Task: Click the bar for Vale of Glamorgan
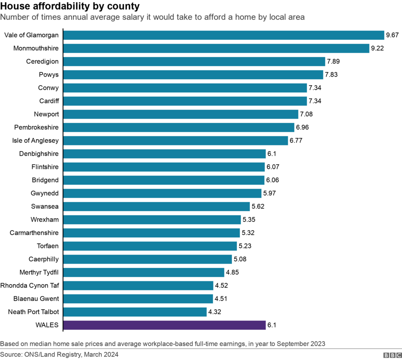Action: pos(224,35)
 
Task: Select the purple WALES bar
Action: pos(164,325)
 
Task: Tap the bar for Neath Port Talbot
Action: pos(135,312)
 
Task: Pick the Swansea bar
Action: pos(157,206)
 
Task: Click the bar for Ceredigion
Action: pos(194,61)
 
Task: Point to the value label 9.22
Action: pos(377,48)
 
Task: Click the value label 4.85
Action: pos(232,272)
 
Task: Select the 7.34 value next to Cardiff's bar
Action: pos(315,101)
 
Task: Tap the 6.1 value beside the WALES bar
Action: pos(271,325)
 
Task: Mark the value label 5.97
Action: pos(269,193)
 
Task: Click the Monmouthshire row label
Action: pos(36,48)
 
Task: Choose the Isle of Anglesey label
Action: pos(35,140)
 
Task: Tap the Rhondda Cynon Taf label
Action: pos(30,285)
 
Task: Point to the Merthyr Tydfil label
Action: pos(39,272)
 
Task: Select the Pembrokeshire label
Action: pos(36,127)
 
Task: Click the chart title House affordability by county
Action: pos(70,7)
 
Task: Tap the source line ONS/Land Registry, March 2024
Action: pos(59,355)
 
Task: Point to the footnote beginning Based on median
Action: pos(163,344)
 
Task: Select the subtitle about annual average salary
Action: pos(152,17)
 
